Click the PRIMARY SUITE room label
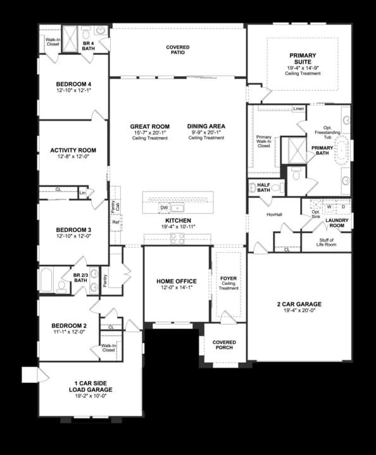click(303, 59)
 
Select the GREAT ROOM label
click(150, 126)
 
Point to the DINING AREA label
click(206, 126)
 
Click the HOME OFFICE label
click(177, 281)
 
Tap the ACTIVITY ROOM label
click(73, 150)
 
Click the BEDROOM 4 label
click(73, 84)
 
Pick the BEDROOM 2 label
click(69, 326)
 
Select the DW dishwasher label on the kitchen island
click(164, 207)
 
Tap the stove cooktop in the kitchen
click(177, 238)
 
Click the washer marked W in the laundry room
click(329, 207)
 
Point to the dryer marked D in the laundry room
click(343, 207)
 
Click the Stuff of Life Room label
click(327, 241)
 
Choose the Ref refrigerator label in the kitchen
click(115, 222)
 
